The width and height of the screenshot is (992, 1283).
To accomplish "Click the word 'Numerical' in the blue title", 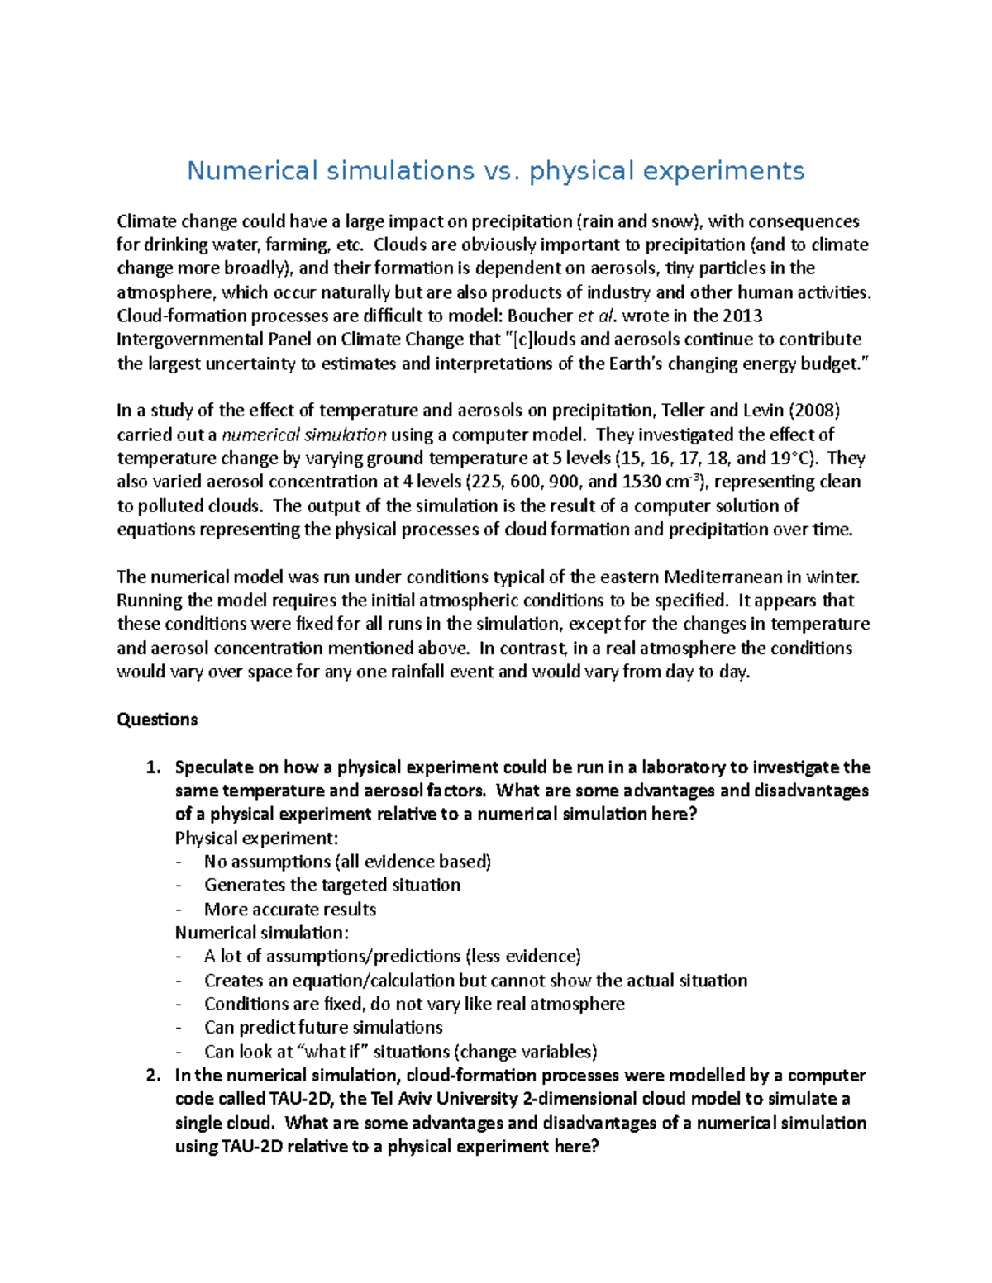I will [x=252, y=171].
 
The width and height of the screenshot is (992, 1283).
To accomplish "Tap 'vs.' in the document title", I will [x=498, y=171].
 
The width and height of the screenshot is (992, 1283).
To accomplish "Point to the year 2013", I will [x=742, y=316].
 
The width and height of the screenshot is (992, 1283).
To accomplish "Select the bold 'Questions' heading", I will [x=157, y=720].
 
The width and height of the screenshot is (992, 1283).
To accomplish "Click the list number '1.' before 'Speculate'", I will [x=152, y=767].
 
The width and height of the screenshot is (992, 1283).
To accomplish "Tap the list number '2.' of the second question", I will [x=152, y=1076].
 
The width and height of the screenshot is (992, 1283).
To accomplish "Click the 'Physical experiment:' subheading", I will [x=256, y=839].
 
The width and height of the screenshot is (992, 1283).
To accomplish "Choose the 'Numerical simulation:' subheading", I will [x=261, y=933].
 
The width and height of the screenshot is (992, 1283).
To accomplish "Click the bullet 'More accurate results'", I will [x=290, y=910].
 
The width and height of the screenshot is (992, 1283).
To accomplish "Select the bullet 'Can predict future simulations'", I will [x=323, y=1028].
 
